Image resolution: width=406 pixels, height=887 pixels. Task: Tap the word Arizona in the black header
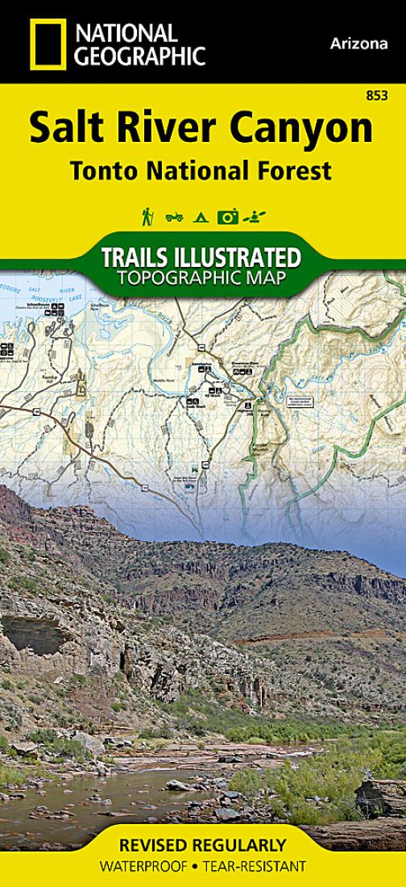click(x=358, y=44)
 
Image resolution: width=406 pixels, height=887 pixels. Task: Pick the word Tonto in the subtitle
click(x=104, y=171)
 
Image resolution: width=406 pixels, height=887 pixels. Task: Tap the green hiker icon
click(x=147, y=216)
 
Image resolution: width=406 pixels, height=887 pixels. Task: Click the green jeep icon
click(x=174, y=216)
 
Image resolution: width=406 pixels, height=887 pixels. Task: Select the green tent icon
click(x=200, y=216)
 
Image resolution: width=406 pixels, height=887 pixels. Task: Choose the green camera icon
click(x=228, y=216)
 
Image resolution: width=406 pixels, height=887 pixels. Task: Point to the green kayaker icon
click(x=256, y=216)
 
